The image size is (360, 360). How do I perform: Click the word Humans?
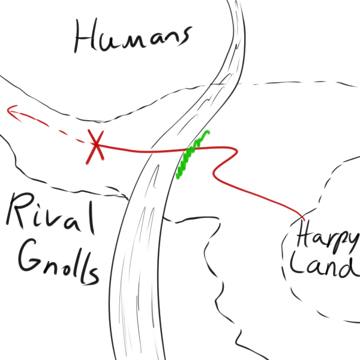click(x=133, y=36)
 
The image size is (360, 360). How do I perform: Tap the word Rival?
click(x=51, y=214)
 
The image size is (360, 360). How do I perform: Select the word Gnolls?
click(x=59, y=262)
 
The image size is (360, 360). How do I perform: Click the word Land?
click(x=325, y=266)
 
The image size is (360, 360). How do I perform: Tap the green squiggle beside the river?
click(x=193, y=155)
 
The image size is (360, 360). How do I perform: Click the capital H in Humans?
click(x=85, y=35)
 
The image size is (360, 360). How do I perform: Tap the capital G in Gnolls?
click(x=31, y=255)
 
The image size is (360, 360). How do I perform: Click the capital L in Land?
click(x=297, y=263)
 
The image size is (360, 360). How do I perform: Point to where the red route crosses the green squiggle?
click(x=190, y=149)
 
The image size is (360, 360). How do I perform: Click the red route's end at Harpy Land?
click(x=304, y=220)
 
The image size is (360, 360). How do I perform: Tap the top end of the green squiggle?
click(x=208, y=132)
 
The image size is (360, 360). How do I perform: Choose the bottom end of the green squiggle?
click(x=177, y=177)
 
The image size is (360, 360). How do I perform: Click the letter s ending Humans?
click(x=183, y=37)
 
